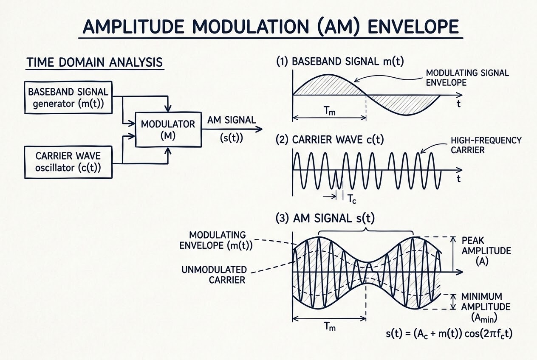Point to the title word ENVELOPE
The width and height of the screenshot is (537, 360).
tap(413, 26)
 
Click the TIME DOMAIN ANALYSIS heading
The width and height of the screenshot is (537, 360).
tap(95, 62)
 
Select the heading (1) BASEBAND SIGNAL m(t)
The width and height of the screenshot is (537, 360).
tap(340, 62)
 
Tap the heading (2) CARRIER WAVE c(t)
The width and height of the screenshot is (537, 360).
tap(330, 140)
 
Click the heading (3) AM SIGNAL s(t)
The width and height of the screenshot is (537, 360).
tap(325, 218)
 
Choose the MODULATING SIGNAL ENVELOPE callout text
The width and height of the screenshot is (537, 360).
tap(467, 78)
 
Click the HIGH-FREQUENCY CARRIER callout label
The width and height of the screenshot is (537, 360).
tap(486, 145)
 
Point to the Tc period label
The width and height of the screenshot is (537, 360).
tap(352, 199)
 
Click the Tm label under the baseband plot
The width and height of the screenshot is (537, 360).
tap(329, 111)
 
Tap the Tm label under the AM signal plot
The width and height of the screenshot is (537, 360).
tap(330, 326)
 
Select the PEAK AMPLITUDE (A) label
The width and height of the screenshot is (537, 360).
tap(486, 251)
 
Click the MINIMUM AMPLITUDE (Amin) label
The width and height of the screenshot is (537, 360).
tap(486, 307)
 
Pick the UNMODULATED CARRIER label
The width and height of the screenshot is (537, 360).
tap(214, 275)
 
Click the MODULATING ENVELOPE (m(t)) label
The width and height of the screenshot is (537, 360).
tap(216, 240)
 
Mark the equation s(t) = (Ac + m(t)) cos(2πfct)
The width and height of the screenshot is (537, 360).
tap(449, 334)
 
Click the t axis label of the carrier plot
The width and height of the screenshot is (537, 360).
tap(458, 179)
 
